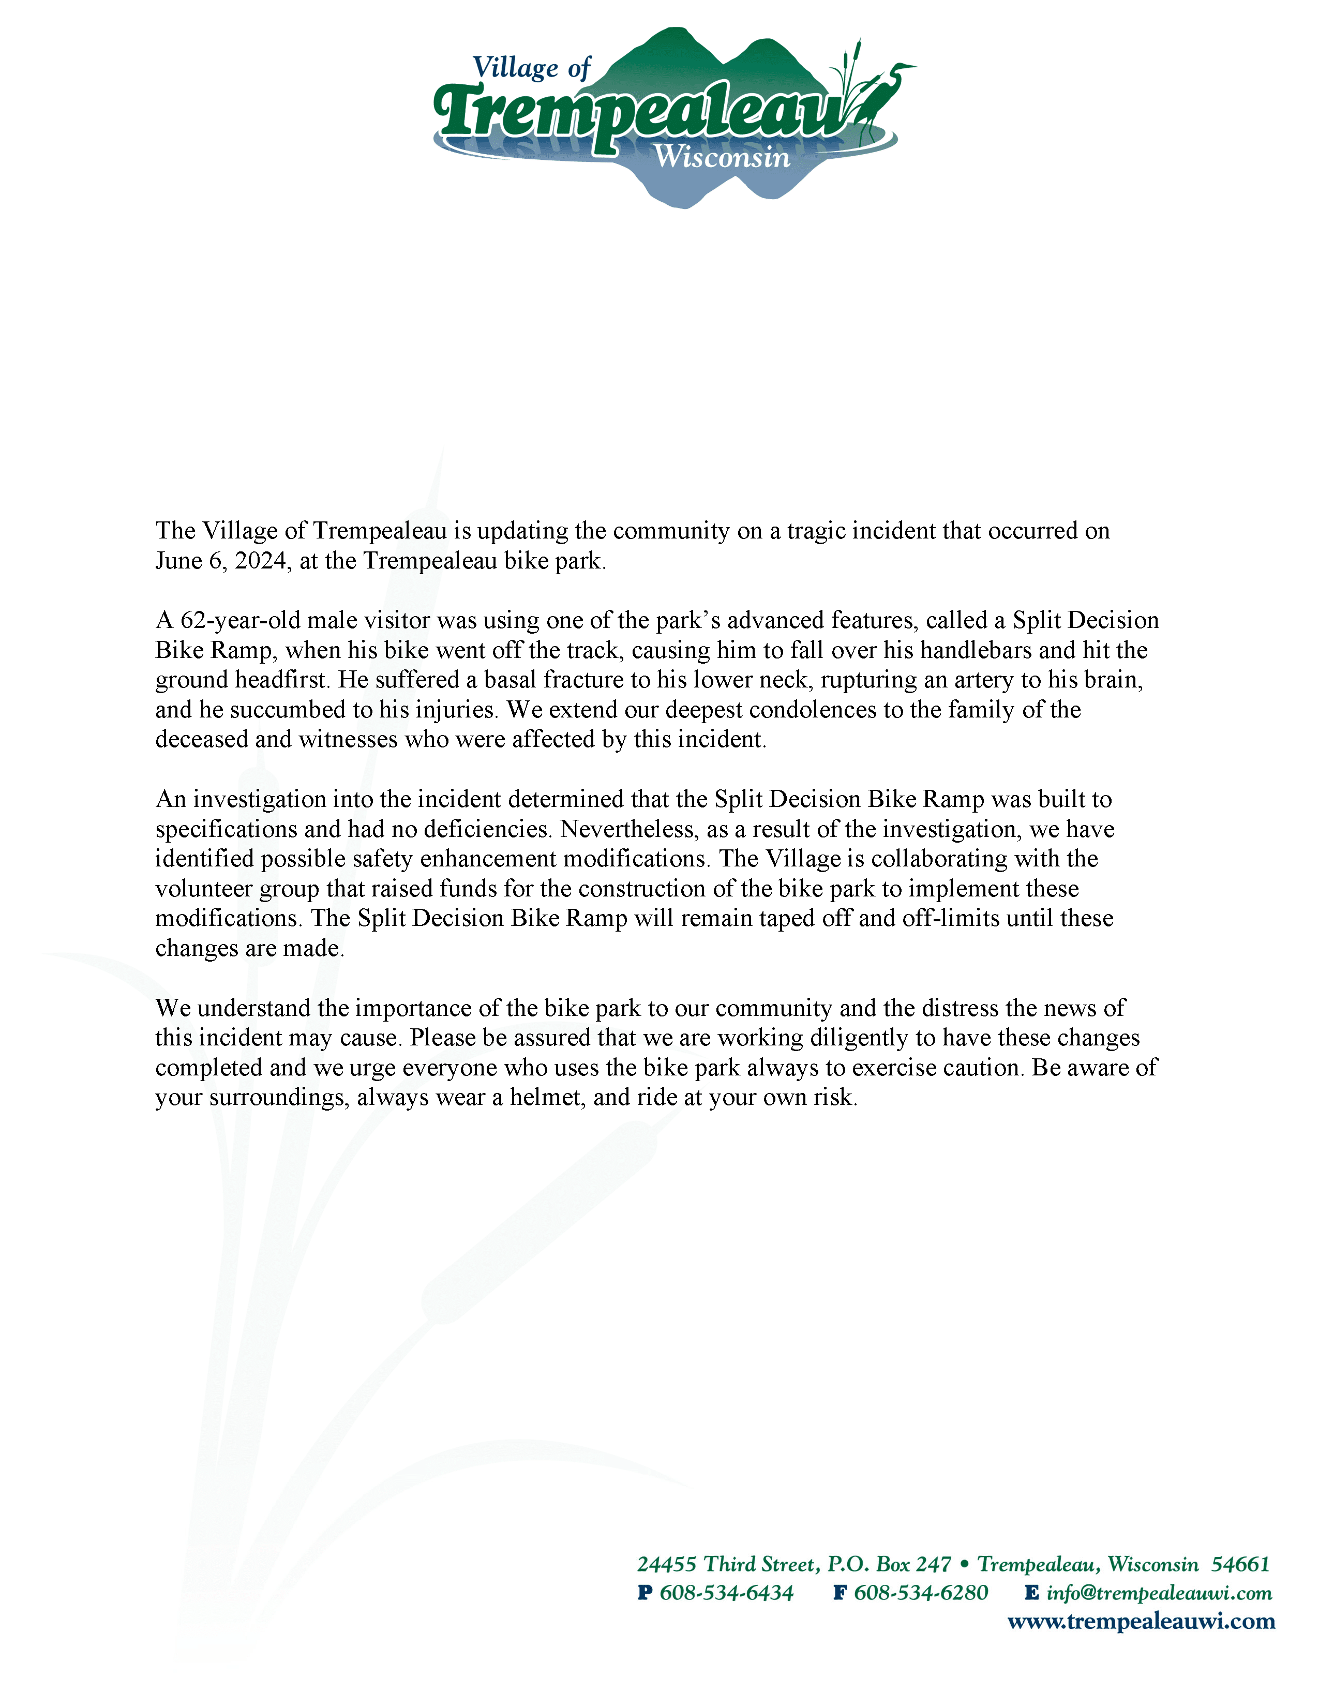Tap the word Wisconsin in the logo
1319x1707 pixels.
pos(722,157)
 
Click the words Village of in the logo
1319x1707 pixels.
pos(531,68)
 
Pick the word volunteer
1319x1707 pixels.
pos(204,889)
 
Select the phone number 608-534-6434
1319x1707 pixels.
pos(726,1593)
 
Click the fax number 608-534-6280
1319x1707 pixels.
pos(921,1593)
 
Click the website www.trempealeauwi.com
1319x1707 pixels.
pos(1141,1622)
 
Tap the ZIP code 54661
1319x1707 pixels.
pos(1240,1564)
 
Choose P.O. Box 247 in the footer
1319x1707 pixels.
pos(889,1564)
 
